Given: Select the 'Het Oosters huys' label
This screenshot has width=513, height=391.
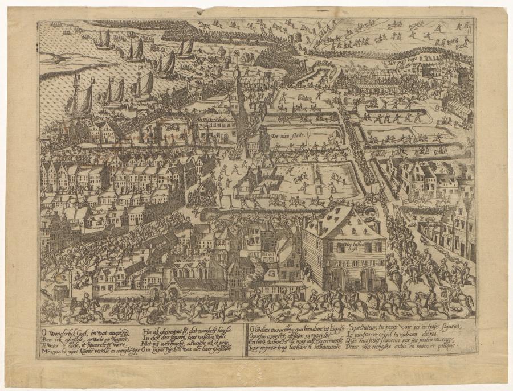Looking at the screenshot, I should point(213,118).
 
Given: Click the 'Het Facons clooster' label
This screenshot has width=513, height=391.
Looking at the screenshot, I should point(190,257).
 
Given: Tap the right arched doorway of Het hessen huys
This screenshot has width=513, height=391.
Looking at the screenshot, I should point(368,279).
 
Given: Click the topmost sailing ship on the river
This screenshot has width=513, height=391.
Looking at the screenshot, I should point(103,39).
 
